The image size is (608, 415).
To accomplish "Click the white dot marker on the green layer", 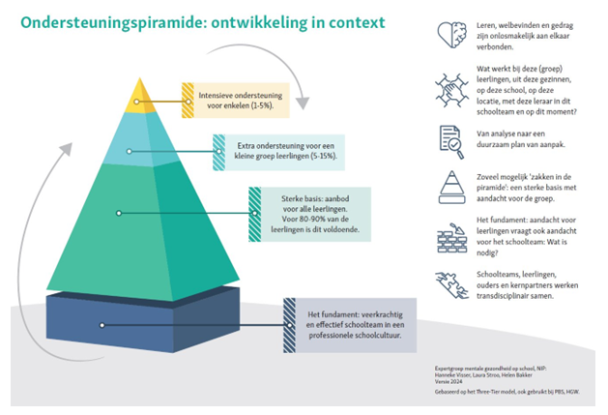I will [x=119, y=212].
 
